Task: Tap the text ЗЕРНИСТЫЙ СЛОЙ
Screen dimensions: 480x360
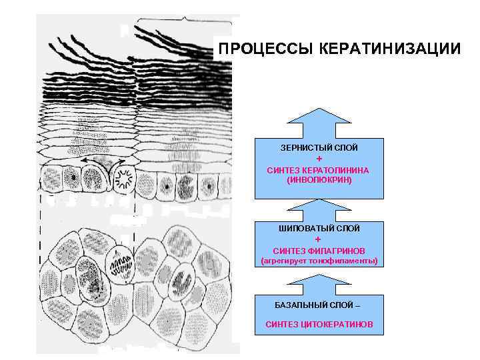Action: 319,146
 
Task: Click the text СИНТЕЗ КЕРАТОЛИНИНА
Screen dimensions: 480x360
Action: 318,170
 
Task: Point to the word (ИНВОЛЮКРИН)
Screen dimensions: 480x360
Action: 319,180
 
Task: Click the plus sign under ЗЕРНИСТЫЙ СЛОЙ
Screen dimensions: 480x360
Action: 319,159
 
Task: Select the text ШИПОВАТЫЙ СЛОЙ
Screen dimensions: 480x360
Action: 319,229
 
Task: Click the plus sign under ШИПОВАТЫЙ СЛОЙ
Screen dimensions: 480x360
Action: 318,239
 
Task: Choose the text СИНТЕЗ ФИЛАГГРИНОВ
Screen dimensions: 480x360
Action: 318,250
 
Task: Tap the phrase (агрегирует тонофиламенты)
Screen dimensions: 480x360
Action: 319,261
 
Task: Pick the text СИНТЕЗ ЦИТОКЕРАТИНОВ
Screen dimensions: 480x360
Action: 319,325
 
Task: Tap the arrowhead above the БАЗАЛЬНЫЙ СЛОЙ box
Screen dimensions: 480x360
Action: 319,281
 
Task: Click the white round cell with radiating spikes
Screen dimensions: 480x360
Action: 124,179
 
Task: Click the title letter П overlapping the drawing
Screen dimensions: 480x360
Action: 225,49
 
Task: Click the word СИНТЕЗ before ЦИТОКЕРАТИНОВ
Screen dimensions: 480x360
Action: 283,325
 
